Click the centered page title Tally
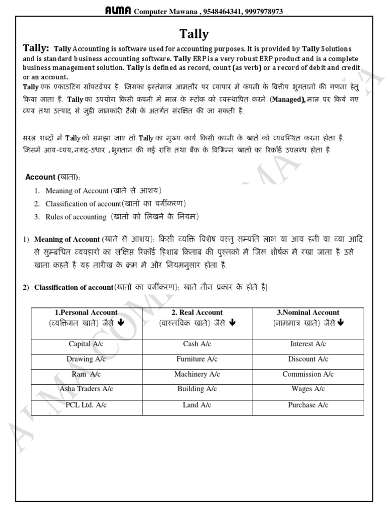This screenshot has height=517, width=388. point(194,34)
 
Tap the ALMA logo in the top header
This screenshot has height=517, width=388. point(118,10)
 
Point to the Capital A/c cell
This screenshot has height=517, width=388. point(86,344)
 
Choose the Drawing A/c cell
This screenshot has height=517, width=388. point(86,359)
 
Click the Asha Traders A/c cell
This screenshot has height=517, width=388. point(86,389)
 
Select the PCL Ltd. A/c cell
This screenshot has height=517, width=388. point(86,405)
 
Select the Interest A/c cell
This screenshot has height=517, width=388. point(308,344)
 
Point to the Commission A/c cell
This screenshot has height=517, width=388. point(308,374)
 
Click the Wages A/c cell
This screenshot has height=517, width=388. point(308,389)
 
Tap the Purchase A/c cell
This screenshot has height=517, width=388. point(308,405)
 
